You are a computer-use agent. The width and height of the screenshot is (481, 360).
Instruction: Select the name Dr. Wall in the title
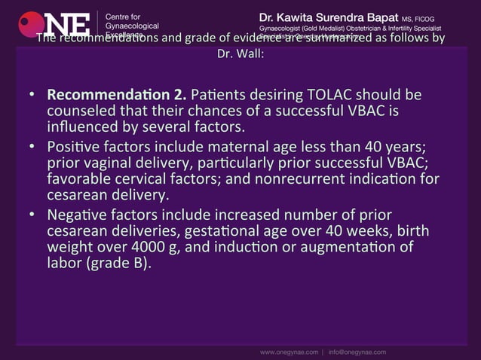pyautogui.click(x=240, y=54)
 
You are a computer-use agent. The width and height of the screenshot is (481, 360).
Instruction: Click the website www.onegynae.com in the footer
pyautogui.click(x=290, y=351)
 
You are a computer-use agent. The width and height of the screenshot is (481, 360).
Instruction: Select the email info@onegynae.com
pyautogui.click(x=357, y=351)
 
